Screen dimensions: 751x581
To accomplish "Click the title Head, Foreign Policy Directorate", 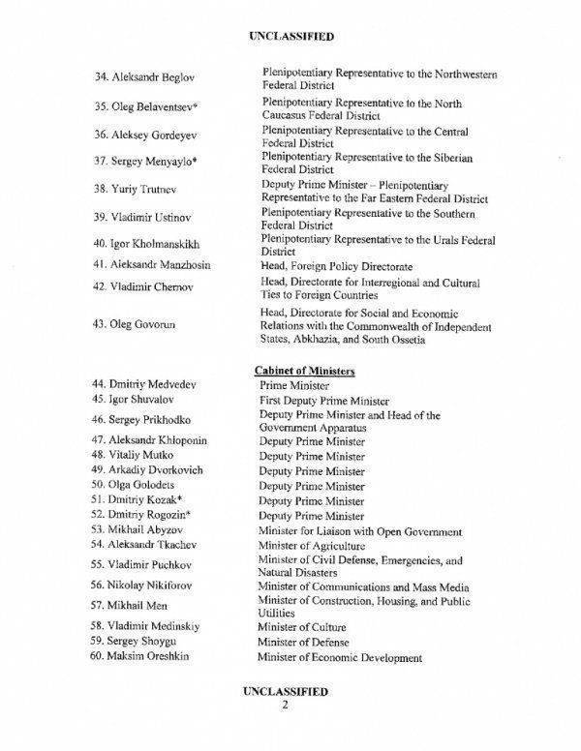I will click(x=336, y=264).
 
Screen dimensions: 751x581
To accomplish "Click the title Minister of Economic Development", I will click(x=339, y=657).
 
